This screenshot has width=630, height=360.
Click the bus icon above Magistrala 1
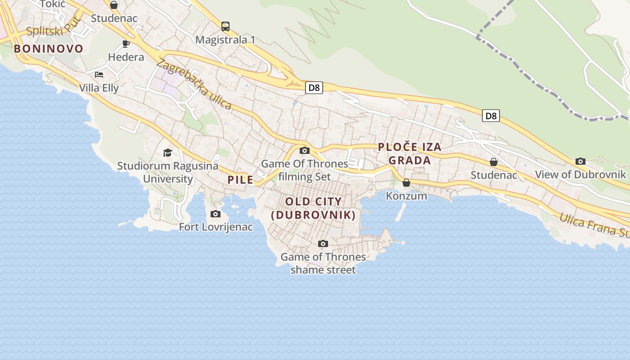click(x=225, y=27)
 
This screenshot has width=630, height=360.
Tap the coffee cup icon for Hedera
click(x=126, y=44)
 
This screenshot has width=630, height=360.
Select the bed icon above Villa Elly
click(x=99, y=74)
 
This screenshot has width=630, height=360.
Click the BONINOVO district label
click(x=49, y=49)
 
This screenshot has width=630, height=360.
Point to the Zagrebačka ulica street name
click(x=194, y=84)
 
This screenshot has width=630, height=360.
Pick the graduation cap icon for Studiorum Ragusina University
click(x=168, y=153)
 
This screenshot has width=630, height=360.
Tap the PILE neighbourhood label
click(x=240, y=180)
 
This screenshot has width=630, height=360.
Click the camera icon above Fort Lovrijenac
click(x=216, y=214)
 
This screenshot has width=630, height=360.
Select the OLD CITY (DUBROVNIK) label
click(x=314, y=208)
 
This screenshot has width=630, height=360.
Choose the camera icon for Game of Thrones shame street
click(x=323, y=243)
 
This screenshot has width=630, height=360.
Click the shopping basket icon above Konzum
click(x=406, y=182)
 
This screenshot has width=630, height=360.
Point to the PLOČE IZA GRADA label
click(x=409, y=153)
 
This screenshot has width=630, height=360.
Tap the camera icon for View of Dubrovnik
click(x=580, y=161)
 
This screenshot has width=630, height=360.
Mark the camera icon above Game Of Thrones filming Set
click(x=305, y=150)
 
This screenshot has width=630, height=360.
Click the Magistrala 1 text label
click(x=225, y=40)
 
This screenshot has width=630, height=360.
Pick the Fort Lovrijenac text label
click(x=216, y=227)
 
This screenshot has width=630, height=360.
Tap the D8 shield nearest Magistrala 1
click(x=314, y=87)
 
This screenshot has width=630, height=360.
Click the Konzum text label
click(x=406, y=196)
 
